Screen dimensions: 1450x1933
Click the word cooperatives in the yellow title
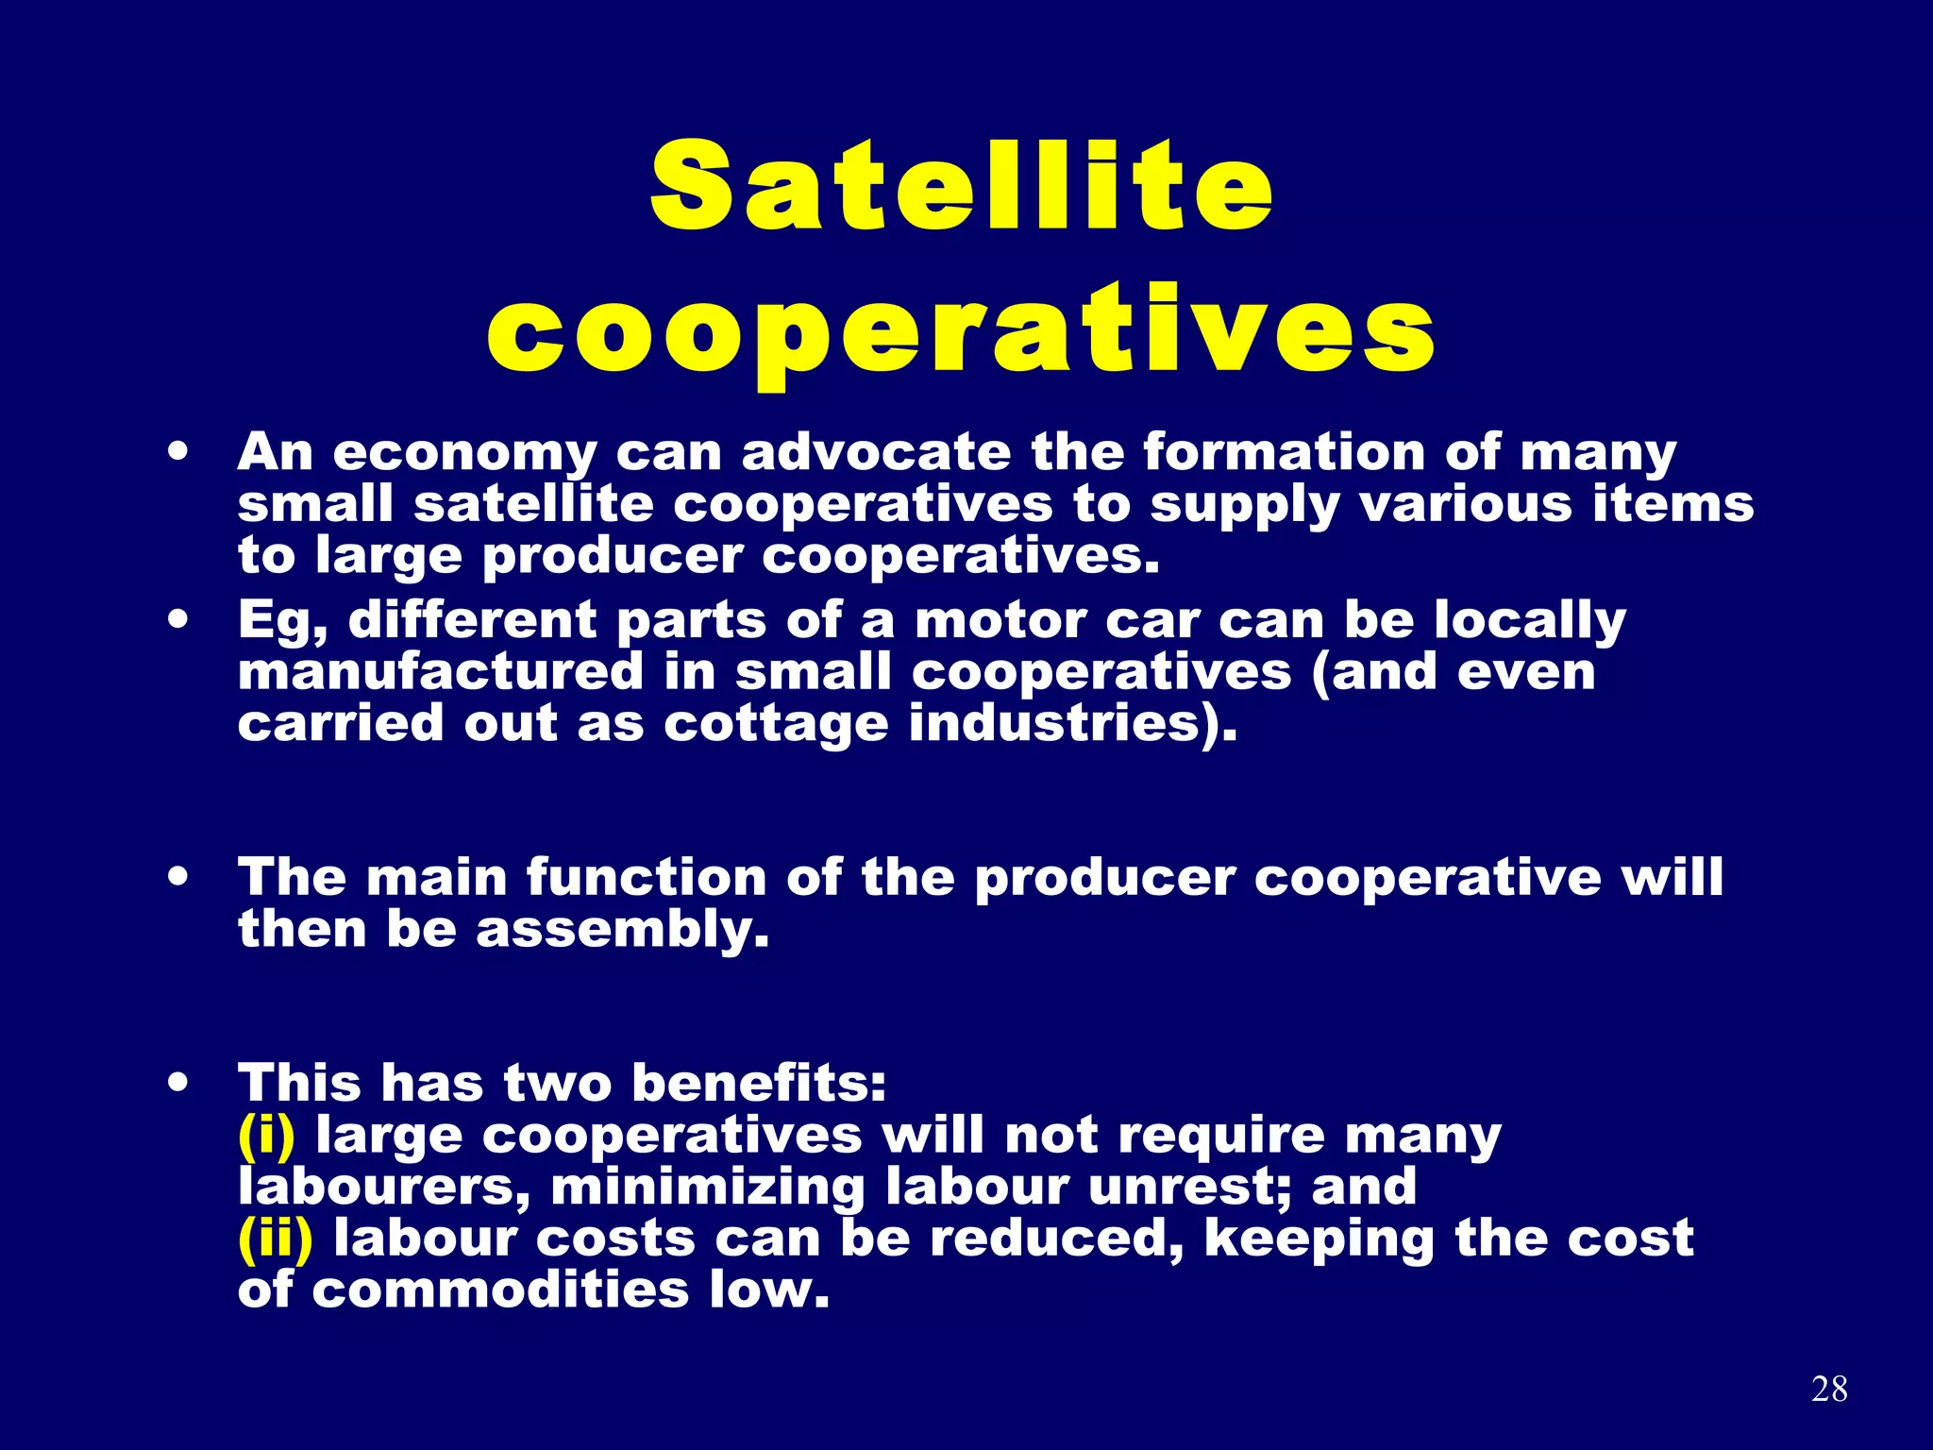coord(961,331)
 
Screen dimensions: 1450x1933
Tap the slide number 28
coord(1829,1389)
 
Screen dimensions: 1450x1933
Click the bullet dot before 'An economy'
coord(177,451)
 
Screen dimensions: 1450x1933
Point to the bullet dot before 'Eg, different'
coord(177,620)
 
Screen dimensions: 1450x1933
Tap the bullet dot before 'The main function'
coord(177,876)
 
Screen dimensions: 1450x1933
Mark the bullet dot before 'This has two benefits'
coord(177,1082)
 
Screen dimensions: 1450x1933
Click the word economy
coord(465,453)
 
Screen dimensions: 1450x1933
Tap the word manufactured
coord(441,672)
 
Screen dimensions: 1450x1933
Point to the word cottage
coord(776,725)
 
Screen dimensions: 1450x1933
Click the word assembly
coord(622,930)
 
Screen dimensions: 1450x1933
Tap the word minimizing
coord(708,1187)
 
